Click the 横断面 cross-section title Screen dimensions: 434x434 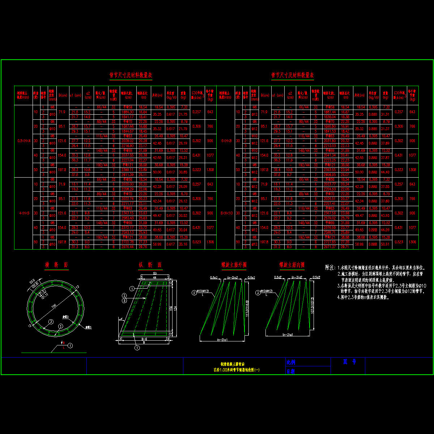pos(56,265)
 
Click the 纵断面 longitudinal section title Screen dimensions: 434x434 pos(150,265)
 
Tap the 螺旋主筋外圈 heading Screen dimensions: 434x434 pos(234,265)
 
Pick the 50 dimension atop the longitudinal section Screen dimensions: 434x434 pos(155,273)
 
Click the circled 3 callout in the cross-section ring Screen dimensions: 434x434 pos(51,322)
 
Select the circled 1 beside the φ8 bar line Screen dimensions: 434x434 pos(70,346)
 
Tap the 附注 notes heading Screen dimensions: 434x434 pos(330,268)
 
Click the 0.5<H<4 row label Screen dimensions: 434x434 pos(23,141)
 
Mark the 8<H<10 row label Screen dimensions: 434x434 pos(226,213)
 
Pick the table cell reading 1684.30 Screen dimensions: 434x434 pos(128,112)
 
